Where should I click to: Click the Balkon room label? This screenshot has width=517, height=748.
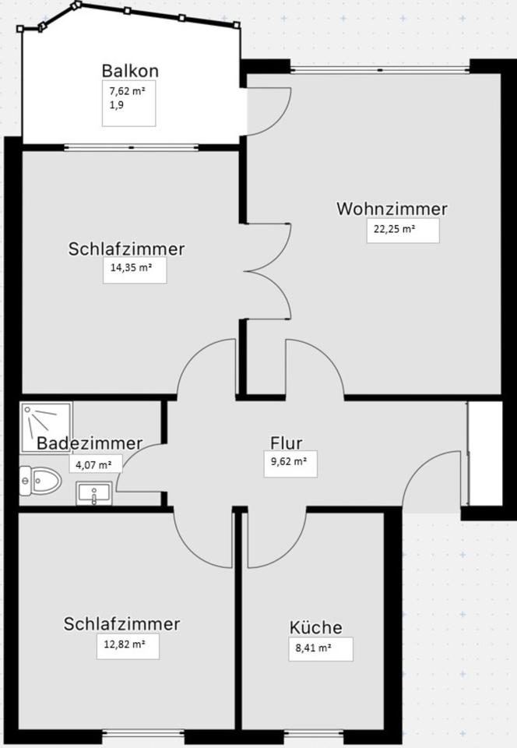pos(130,71)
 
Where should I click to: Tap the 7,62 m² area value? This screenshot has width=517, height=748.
pos(127,91)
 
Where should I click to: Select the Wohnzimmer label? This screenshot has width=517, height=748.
pos(392,209)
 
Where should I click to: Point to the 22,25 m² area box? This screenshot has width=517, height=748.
pos(403,230)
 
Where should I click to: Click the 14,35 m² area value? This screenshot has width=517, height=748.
pos(134,270)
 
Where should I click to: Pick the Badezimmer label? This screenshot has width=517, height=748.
pos(90,443)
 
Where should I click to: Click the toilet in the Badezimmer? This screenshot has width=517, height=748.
pos(42,482)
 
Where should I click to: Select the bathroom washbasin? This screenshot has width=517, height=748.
pos(94,494)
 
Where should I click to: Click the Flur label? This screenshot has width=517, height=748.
pos(286,443)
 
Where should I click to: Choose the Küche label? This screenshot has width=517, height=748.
pos(315,628)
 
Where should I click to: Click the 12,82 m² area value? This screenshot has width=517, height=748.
pos(128,645)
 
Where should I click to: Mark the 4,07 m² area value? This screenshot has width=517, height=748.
pos(93,466)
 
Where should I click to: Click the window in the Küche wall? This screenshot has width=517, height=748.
pos(315,732)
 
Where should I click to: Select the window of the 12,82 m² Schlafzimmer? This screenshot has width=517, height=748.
pos(142,732)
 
